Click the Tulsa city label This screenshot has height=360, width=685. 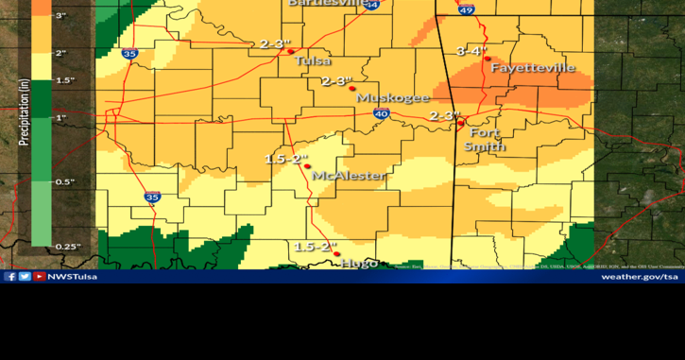pos(313,60)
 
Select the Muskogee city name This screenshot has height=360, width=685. pos(393,97)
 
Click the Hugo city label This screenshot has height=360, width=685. pos(359,263)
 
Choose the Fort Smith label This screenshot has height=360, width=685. pos(484,139)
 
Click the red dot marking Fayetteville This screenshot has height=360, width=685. pos(488,59)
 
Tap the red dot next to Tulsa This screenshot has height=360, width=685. pos(290,51)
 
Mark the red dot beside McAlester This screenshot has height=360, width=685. pos(307,166)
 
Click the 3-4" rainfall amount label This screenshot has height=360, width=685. pos(471,50)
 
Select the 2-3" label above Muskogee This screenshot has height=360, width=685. pos(336,81)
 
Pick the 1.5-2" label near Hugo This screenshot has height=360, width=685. pos(315,247)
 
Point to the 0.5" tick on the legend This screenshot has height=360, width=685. pos(65,181)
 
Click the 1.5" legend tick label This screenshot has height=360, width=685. pos(65,80)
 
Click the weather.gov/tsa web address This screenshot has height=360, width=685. pos(640,277)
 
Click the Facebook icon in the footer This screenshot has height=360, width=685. pos(10,277)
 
